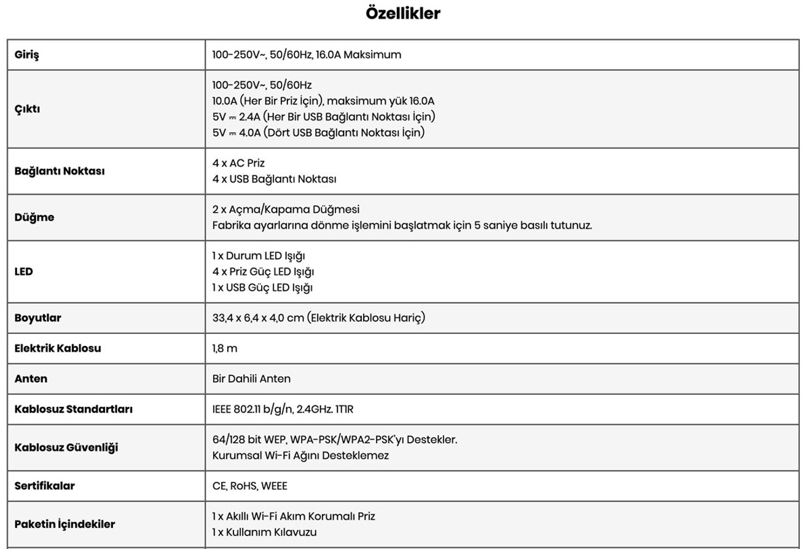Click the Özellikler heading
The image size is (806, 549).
(x=403, y=14)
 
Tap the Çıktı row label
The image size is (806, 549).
(x=27, y=108)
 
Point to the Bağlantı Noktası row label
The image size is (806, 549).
(x=60, y=171)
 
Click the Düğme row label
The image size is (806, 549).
(x=34, y=217)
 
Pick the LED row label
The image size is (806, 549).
(x=24, y=271)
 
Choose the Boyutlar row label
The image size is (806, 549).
(x=39, y=318)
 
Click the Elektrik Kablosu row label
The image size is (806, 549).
(x=58, y=349)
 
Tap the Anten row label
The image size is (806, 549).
(x=31, y=379)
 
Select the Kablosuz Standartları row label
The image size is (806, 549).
(x=74, y=409)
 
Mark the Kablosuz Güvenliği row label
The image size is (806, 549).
(x=66, y=447)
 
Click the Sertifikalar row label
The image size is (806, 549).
(x=45, y=486)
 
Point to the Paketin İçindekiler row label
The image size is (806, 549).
(x=65, y=524)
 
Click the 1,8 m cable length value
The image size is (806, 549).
(x=224, y=349)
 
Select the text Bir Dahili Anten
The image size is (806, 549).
(x=251, y=379)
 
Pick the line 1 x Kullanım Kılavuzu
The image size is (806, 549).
(x=264, y=532)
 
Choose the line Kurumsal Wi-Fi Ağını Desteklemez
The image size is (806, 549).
(x=300, y=456)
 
